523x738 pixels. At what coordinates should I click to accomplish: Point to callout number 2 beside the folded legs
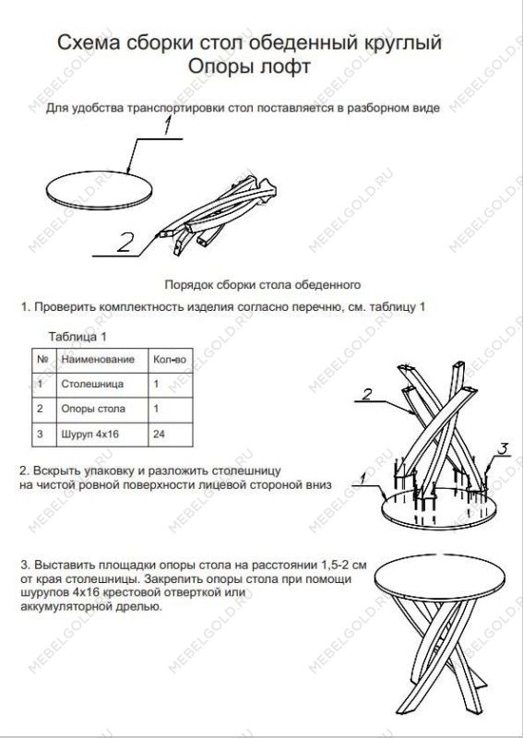pos(126,242)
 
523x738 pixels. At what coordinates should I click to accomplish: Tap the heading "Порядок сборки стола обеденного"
pos(261,285)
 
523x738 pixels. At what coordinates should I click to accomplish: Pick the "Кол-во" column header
pos(168,358)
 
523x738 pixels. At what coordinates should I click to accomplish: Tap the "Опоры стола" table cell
pos(92,408)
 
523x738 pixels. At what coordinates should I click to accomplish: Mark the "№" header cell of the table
pos(42,358)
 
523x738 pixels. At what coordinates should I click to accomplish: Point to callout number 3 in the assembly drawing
pos(503,448)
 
